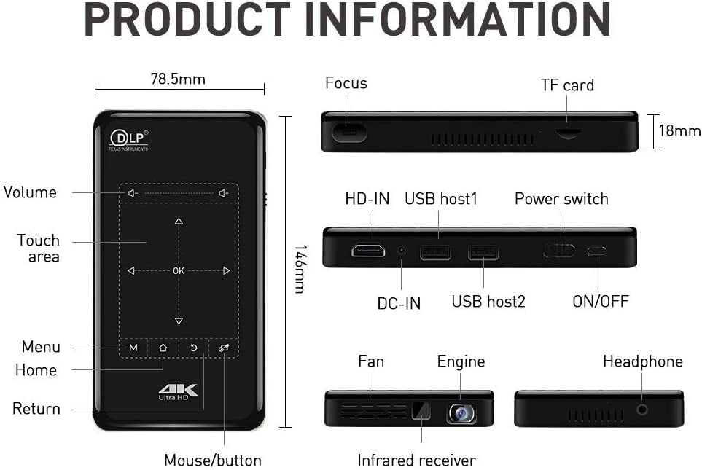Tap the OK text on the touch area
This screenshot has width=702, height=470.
179,271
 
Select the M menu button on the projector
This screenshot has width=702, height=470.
133,348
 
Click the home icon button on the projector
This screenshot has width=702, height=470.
163,348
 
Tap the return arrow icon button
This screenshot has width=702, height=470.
193,348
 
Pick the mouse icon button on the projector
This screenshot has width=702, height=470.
224,348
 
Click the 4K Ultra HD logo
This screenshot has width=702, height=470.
179,392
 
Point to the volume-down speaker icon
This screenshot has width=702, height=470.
133,193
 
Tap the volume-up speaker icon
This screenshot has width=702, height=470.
224,193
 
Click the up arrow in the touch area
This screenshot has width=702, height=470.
179,221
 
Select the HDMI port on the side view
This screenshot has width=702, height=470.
368,250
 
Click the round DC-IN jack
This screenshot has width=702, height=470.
402,250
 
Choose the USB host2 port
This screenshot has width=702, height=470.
483,252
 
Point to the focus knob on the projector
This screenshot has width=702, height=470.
349,133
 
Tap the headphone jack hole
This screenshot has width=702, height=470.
642,409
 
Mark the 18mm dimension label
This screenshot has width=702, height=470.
679,130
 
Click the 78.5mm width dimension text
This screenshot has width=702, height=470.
178,79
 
